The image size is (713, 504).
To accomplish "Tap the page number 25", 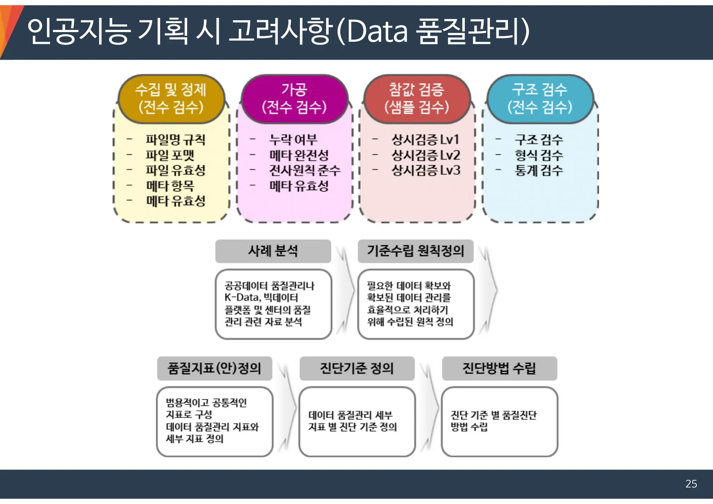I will coord(691,484).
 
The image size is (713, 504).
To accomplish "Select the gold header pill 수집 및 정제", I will coord(171,99).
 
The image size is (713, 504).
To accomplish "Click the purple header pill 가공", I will coord(294,99).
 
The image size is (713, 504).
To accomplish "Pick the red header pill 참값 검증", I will coord(417,99).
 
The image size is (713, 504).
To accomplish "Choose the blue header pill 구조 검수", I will coord(540,99).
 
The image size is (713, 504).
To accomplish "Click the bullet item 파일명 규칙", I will coord(175,140).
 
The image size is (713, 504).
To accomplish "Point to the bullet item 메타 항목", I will coord(170,186).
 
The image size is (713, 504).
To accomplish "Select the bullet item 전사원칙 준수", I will coord(305,170).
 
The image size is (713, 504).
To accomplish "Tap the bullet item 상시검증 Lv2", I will coord(426,155).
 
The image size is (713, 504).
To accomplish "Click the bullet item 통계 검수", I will coord(539,170).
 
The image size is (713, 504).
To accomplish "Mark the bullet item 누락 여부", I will coord(293,140).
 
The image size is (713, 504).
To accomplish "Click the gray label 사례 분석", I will coord(273,251).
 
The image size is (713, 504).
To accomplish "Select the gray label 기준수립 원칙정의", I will coord(415,251).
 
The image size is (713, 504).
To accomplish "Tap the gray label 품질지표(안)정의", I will coord(214,368).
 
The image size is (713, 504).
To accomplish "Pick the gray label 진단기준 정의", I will coord(357,368).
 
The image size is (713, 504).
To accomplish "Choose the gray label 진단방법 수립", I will coord(499,368).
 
